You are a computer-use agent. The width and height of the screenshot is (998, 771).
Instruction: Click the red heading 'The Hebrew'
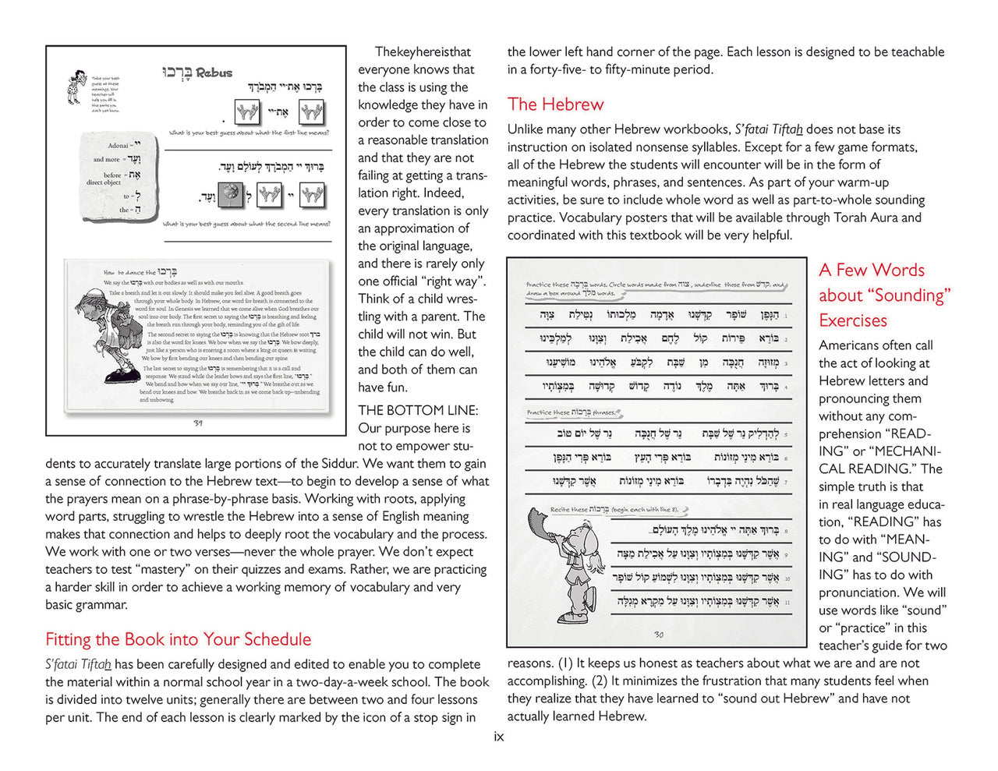(555, 104)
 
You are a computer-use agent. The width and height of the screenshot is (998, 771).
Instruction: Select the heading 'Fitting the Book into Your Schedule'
(178, 639)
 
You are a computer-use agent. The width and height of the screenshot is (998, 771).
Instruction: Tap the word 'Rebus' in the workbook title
(214, 73)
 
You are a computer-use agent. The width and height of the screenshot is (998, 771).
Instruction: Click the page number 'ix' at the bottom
(499, 737)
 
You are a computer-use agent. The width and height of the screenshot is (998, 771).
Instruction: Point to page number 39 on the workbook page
(198, 423)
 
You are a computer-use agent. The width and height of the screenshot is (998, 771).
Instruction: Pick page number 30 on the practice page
(658, 635)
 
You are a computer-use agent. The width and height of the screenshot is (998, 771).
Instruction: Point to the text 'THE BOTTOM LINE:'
(418, 410)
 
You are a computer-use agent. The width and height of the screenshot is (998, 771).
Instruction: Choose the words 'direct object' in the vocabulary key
(104, 182)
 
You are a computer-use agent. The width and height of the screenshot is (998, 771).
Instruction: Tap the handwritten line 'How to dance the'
(129, 273)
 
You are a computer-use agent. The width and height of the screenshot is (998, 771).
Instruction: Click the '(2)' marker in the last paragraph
(600, 681)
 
